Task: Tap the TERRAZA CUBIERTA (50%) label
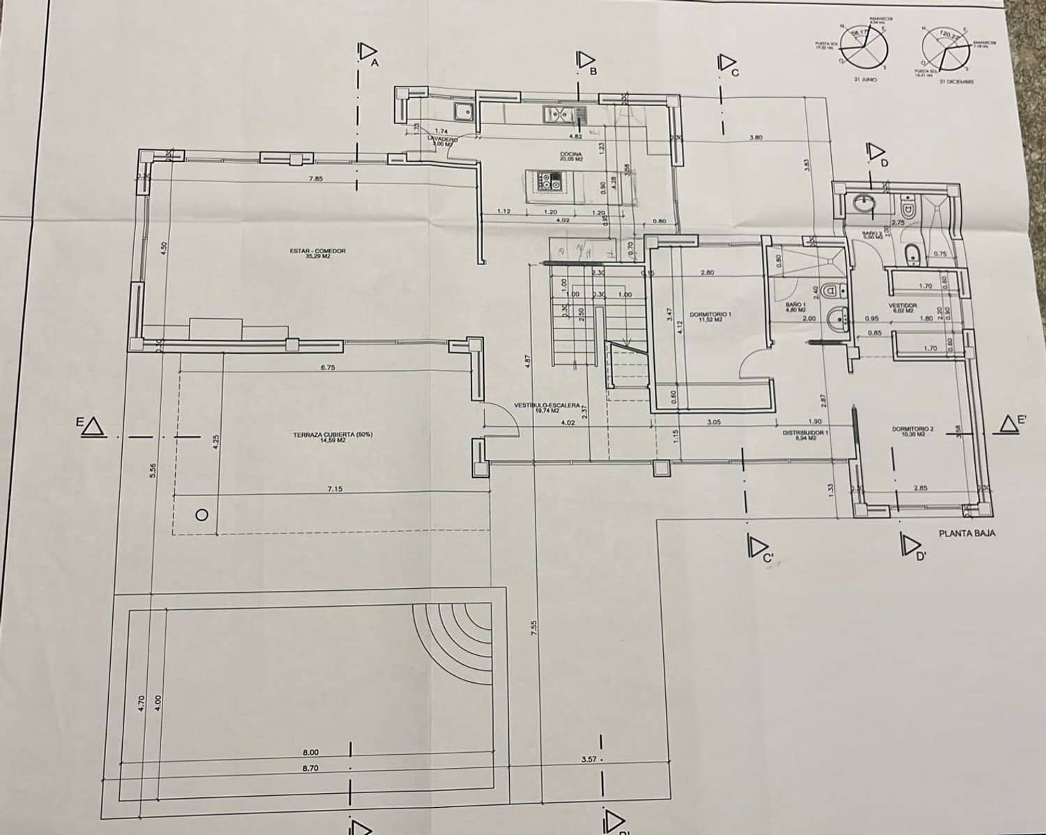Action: [333, 437]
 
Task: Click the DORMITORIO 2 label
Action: [912, 431]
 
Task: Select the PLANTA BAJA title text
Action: [967, 533]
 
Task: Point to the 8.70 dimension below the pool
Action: [310, 767]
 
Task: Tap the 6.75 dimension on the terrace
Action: [328, 367]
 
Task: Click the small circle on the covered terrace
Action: [202, 515]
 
